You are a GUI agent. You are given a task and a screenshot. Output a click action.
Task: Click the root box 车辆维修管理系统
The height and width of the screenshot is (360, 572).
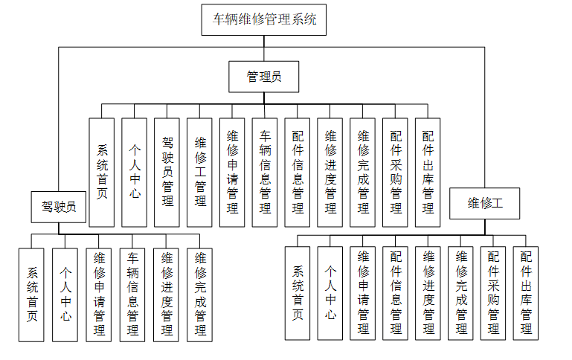click(264, 19)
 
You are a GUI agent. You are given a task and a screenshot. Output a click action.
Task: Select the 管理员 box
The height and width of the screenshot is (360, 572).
click(264, 76)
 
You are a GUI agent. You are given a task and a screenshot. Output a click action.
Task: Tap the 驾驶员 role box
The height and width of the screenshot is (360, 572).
click(59, 206)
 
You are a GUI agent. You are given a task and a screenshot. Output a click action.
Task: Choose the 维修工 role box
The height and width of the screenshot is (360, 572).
click(484, 203)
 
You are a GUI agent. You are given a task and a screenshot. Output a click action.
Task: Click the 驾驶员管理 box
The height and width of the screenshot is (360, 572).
click(167, 172)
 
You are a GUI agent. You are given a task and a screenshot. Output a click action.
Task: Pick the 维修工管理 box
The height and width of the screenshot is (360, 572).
click(200, 172)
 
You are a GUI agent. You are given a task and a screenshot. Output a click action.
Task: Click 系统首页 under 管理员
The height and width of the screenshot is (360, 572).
click(102, 172)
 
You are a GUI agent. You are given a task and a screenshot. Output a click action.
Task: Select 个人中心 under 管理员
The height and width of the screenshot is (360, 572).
click(135, 172)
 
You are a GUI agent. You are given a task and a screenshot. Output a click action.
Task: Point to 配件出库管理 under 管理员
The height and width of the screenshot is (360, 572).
click(428, 172)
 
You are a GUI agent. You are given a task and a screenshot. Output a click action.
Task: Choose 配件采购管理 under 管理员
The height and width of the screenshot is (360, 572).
click(395, 172)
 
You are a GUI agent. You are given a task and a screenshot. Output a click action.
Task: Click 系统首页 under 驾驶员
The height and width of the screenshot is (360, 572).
click(32, 294)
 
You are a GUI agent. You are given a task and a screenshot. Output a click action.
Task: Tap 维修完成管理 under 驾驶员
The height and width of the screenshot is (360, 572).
click(200, 294)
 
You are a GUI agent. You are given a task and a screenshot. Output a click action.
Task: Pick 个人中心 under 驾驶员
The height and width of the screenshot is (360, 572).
click(65, 294)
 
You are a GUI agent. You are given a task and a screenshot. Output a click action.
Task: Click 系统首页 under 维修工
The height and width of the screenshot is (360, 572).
click(298, 294)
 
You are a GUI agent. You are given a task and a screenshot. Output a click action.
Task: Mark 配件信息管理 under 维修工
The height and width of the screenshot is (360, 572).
click(395, 294)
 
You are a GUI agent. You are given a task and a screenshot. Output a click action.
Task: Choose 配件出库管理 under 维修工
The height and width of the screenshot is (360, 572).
click(526, 294)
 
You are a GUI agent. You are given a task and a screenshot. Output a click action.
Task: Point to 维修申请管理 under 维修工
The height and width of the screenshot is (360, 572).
click(363, 294)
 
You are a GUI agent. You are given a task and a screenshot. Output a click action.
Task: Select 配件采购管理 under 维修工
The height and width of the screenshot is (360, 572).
click(493, 294)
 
